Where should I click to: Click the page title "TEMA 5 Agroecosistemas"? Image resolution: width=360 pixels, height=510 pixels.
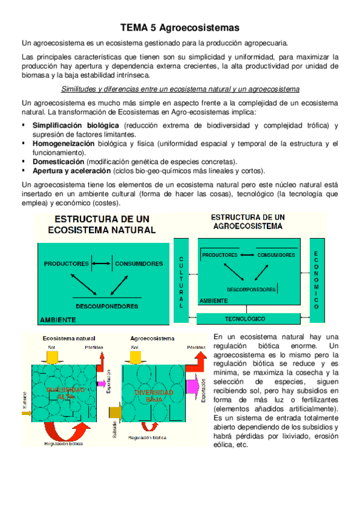(x=180, y=28)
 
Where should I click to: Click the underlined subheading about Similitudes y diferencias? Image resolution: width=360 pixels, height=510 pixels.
(x=180, y=90)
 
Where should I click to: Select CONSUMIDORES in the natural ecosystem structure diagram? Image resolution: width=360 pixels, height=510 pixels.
(x=138, y=263)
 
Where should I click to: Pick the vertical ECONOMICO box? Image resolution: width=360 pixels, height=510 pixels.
(x=316, y=280)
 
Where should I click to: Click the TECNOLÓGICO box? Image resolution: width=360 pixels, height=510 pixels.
(x=245, y=318)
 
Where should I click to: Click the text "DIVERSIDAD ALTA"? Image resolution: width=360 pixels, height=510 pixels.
(x=62, y=393)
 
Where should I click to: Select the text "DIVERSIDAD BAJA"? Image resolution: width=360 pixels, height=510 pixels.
(x=153, y=396)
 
